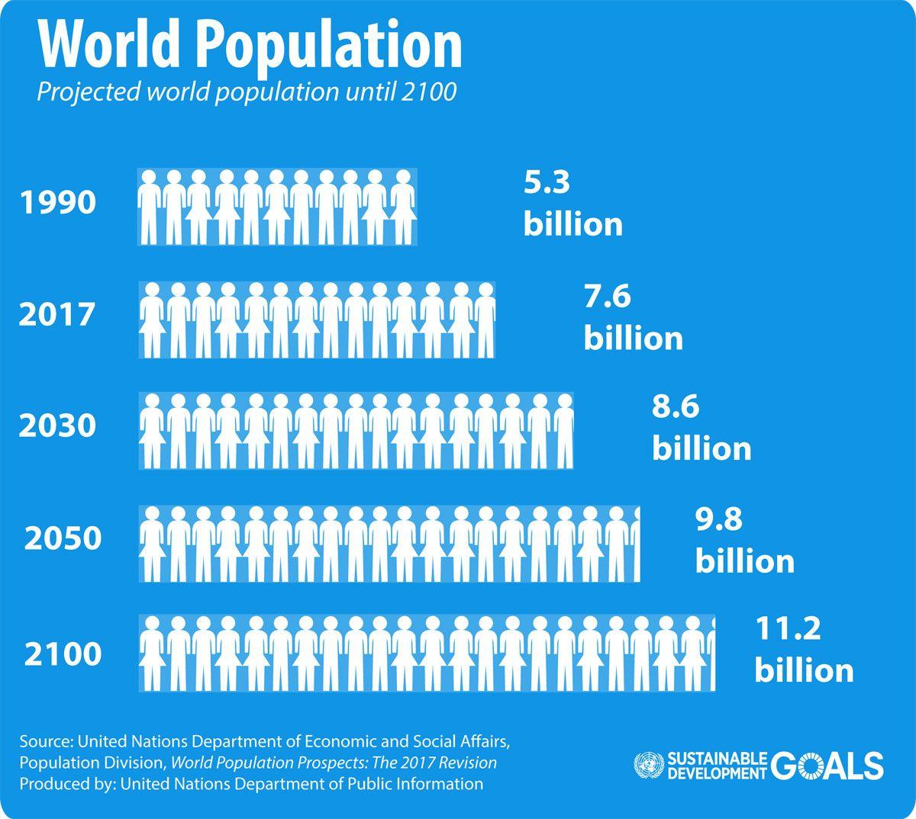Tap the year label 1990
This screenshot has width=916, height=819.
[58, 203]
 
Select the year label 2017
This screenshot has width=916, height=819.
[58, 314]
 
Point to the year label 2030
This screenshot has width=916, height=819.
[58, 426]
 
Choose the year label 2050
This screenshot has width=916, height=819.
[63, 538]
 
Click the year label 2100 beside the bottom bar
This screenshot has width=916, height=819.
[63, 654]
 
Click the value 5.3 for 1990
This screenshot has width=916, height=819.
[547, 183]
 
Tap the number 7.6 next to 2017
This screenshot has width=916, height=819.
[608, 296]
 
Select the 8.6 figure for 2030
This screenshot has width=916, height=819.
[675, 406]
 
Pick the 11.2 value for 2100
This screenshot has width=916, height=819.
[787, 630]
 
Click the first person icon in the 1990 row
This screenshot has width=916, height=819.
[150, 207]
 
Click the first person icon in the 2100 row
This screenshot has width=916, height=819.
[151, 653]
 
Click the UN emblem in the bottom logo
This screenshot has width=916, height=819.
[648, 766]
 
